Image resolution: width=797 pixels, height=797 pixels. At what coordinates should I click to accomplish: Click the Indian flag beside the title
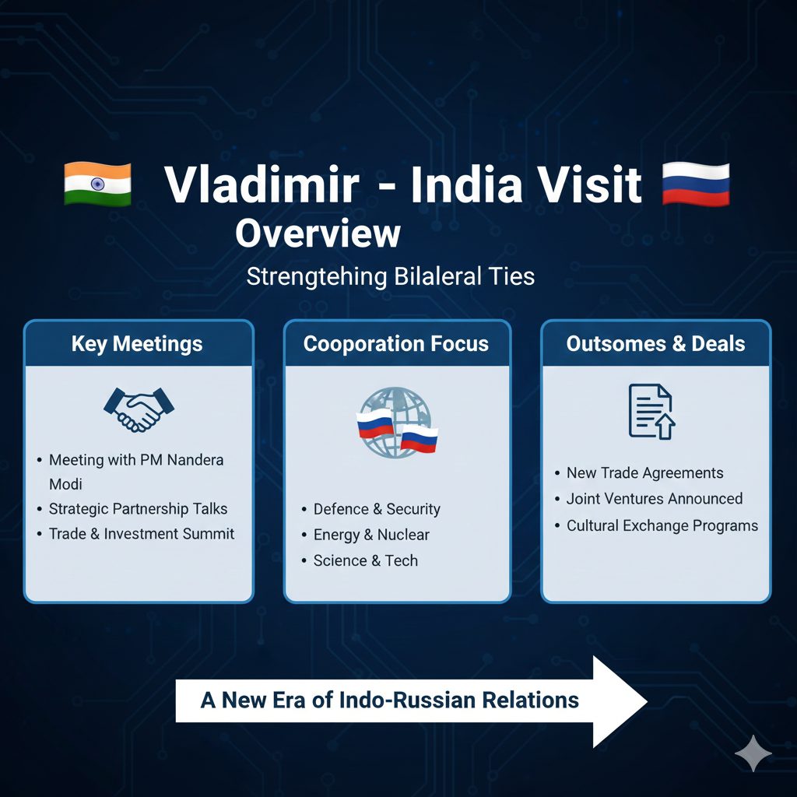coord(97,184)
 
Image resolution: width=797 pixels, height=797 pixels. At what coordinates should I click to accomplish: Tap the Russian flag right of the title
coord(696,184)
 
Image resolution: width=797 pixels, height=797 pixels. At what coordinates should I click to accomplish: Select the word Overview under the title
coord(318,233)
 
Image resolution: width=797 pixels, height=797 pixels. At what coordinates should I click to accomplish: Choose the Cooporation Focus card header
coord(396,343)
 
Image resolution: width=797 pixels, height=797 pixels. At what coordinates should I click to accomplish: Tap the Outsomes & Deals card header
coord(655,343)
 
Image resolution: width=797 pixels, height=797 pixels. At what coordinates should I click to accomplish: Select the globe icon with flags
coord(397,423)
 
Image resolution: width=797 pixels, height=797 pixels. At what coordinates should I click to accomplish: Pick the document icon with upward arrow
coord(651,412)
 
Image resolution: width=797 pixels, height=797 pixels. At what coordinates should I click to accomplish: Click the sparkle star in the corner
coord(753,753)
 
